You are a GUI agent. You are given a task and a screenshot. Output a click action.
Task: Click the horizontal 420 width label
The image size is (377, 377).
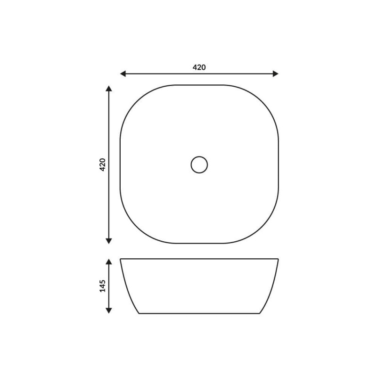[199, 67]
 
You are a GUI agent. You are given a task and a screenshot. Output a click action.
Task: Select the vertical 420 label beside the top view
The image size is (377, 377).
[102, 164]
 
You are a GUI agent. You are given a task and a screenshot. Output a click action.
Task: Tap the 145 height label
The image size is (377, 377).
[102, 286]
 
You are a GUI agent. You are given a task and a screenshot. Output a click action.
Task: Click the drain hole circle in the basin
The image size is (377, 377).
[199, 164]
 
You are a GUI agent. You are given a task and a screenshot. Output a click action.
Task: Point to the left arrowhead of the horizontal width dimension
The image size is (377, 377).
[123, 74]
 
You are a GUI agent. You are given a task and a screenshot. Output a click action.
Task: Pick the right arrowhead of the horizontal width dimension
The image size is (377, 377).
[276, 74]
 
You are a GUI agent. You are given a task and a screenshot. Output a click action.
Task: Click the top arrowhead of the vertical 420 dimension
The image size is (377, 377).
[109, 88]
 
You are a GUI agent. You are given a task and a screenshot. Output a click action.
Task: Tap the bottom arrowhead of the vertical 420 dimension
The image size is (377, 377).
[109, 241]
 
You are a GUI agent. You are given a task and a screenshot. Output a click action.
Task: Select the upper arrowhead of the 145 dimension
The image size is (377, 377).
[109, 262]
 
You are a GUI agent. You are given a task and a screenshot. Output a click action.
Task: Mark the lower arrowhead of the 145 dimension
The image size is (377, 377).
[109, 311]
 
